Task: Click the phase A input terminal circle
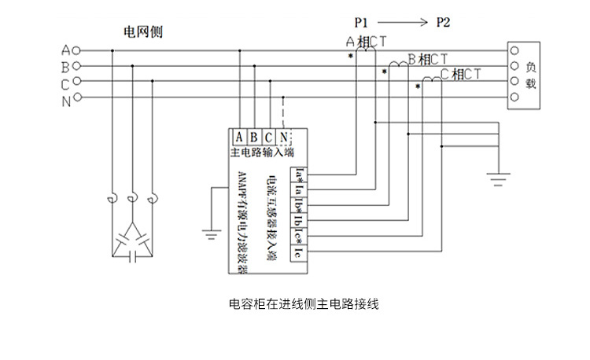77,50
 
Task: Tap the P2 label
443,21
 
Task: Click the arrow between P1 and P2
404,21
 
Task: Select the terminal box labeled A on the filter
239,137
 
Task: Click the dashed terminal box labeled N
283,137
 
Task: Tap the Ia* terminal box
299,173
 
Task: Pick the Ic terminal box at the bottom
299,253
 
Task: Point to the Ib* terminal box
299,204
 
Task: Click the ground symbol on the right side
498,180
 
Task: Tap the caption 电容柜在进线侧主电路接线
303,303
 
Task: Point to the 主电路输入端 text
262,152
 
